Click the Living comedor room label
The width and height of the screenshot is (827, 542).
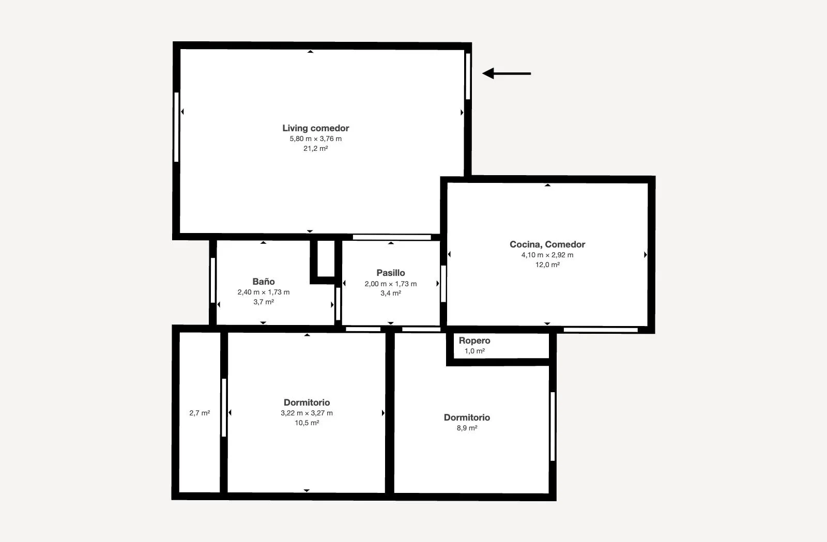(316, 128)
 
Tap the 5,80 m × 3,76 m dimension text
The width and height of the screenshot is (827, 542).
(316, 138)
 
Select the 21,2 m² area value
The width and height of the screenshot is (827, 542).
(316, 148)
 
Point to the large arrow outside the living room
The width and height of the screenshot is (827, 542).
(507, 73)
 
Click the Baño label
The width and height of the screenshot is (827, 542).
(264, 282)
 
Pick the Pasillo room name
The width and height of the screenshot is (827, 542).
(391, 273)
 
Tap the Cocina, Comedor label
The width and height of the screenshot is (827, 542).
(547, 244)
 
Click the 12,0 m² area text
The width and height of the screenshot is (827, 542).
(547, 265)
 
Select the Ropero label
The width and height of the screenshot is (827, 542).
(474, 340)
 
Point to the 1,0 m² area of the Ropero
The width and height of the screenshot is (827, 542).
(474, 351)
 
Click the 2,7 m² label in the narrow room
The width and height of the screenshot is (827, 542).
(200, 413)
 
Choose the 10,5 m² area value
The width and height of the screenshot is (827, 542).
(307, 423)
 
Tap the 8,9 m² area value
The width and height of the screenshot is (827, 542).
(467, 428)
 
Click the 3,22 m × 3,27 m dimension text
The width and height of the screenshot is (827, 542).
(307, 413)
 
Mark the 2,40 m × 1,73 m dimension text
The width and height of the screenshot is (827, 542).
(264, 292)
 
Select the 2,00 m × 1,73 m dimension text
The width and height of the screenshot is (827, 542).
(391, 284)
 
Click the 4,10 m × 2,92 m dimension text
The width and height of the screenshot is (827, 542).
(547, 255)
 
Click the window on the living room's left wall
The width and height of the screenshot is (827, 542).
(176, 127)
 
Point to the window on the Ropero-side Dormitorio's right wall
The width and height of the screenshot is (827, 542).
(553, 426)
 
